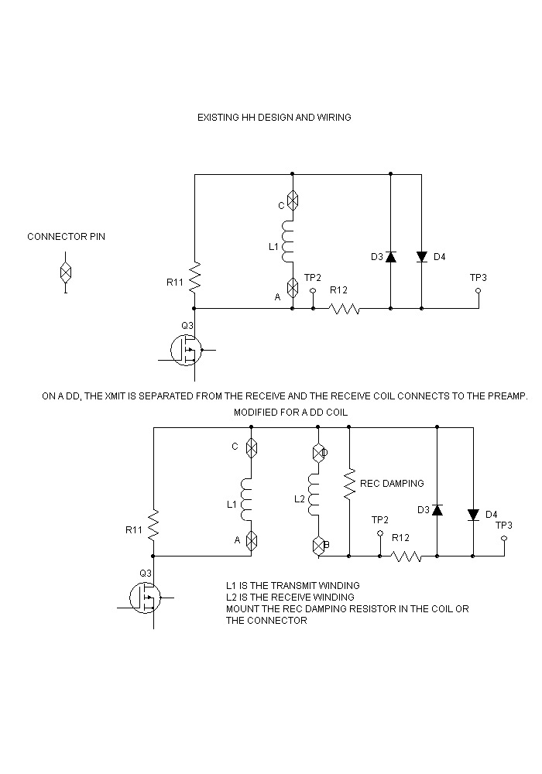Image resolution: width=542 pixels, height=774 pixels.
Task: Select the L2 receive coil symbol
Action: point(315,495)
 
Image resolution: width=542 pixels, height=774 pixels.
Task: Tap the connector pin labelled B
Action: point(317,545)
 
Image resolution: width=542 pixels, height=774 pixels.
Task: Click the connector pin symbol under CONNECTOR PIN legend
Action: point(66,272)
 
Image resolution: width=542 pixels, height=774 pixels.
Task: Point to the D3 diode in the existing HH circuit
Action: point(390,256)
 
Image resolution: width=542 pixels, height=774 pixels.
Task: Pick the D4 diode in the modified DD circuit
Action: point(473,515)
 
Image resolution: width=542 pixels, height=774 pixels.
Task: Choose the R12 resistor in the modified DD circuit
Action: point(406,556)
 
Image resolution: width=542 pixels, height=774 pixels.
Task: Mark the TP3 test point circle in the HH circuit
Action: point(478,291)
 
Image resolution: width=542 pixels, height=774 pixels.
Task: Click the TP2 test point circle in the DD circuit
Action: point(380,533)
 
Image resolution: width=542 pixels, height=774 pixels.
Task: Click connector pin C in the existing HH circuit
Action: point(293,200)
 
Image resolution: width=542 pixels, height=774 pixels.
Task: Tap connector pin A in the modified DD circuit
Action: point(251,541)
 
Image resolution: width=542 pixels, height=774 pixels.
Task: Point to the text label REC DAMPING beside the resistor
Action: point(392,483)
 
